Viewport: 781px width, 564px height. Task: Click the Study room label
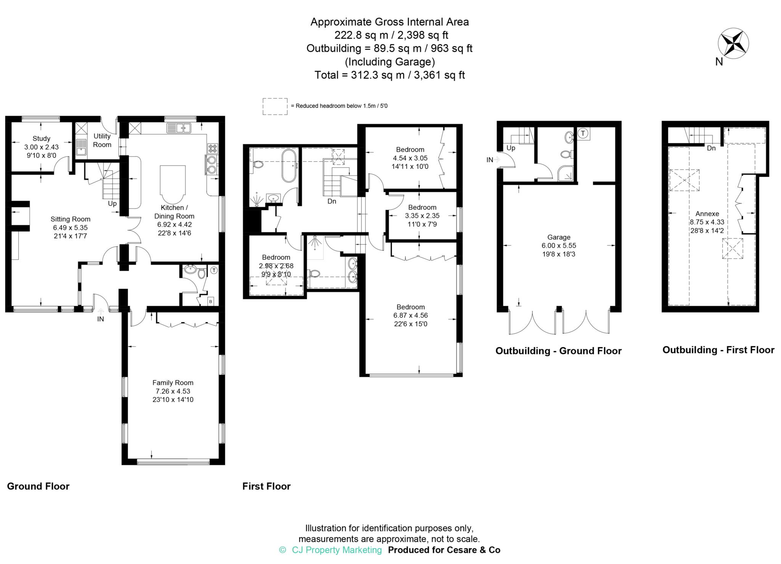pos(41,138)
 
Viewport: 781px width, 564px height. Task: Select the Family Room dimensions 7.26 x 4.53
pos(173,391)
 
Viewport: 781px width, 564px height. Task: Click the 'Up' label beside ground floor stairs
pos(112,204)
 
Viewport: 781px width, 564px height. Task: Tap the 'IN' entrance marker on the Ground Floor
pos(100,319)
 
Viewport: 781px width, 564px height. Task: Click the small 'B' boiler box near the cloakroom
pos(211,301)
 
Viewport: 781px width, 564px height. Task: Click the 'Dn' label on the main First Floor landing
pos(332,201)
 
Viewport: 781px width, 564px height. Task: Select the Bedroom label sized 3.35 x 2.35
pos(422,207)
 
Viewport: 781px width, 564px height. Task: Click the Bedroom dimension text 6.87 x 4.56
pos(410,315)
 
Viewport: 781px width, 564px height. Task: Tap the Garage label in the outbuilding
pos(559,237)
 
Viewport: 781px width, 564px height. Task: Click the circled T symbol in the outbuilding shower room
pos(583,133)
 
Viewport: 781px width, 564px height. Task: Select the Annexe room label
pos(707,214)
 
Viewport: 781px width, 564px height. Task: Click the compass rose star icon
pos(733,43)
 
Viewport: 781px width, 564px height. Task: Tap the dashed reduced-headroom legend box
pos(275,106)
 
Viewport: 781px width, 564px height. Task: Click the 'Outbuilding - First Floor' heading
pos(718,350)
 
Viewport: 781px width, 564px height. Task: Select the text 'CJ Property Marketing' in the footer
pos(336,550)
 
